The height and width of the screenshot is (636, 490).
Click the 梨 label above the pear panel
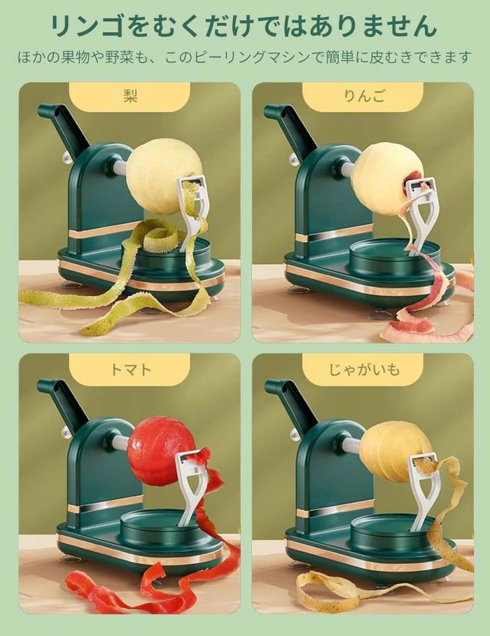click(x=130, y=96)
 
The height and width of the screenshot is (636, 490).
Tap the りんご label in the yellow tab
click(x=364, y=96)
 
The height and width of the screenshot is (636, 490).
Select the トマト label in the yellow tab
click(x=130, y=369)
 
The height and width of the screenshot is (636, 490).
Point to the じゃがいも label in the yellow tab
click(x=364, y=369)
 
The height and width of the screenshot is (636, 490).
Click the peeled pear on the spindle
click(x=164, y=176)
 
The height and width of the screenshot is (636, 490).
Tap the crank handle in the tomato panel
click(x=64, y=399)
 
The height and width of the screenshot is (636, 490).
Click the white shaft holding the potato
click(x=351, y=446)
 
